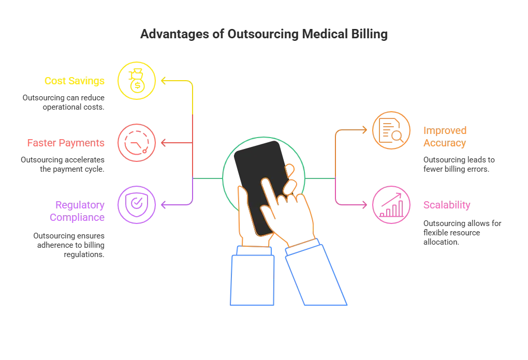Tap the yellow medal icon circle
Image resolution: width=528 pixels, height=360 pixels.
pyautogui.click(x=137, y=81)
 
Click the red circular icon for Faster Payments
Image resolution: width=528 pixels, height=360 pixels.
pyautogui.click(x=137, y=142)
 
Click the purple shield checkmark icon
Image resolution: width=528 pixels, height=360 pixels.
pyautogui.click(x=137, y=205)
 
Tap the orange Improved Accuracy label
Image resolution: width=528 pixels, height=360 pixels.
pyautogui.click(x=445, y=137)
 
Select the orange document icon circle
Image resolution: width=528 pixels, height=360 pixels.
pyautogui.click(x=391, y=130)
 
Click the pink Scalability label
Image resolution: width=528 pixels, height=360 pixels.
pyautogui.click(x=447, y=205)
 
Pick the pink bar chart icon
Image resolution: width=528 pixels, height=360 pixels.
pyautogui.click(x=391, y=205)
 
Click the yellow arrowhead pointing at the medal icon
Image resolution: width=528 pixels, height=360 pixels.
pyautogui.click(x=162, y=81)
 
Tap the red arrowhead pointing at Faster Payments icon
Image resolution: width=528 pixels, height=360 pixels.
pyautogui.click(x=162, y=142)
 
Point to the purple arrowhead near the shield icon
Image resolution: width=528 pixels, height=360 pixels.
pyautogui.click(x=162, y=205)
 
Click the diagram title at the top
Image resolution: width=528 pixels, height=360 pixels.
pyautogui.click(x=263, y=35)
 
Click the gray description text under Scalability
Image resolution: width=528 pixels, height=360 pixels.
pyautogui.click(x=463, y=232)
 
